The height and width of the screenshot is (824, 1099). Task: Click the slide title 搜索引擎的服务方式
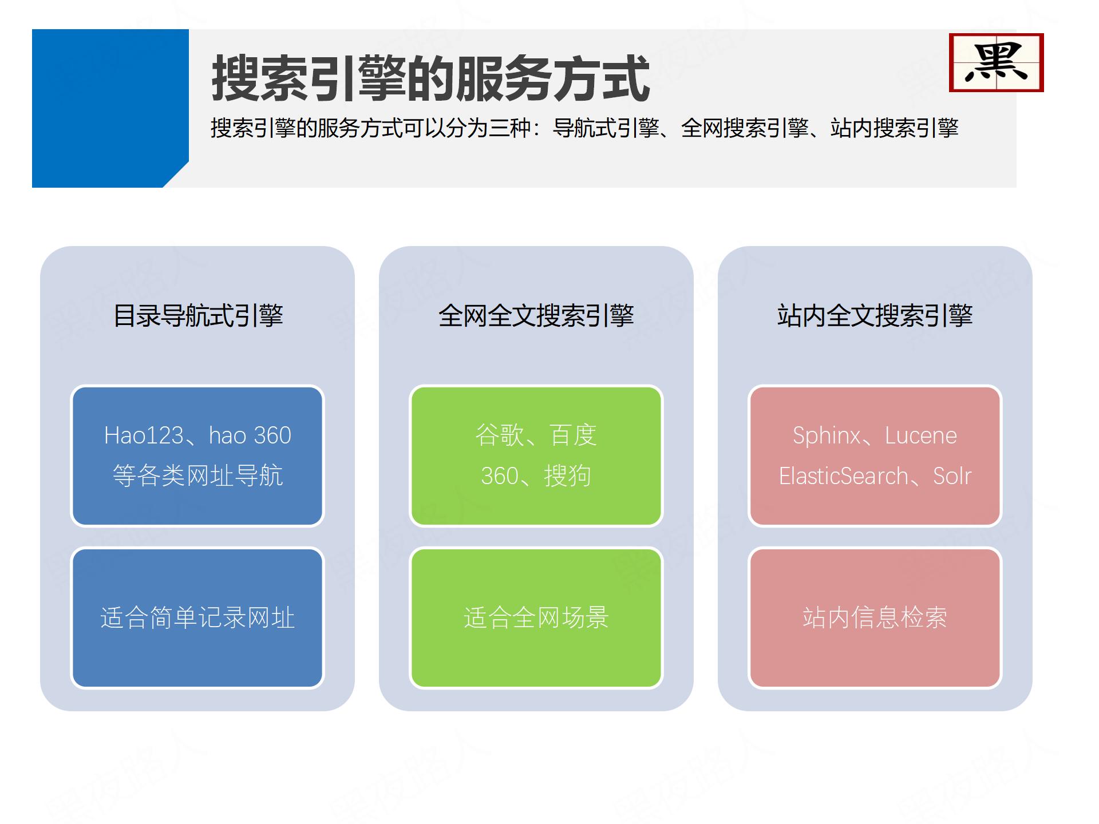(x=430, y=79)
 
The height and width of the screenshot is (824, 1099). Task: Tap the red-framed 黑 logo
(x=996, y=62)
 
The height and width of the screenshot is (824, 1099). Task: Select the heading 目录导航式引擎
(x=198, y=315)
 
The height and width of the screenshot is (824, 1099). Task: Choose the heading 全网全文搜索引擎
(x=536, y=315)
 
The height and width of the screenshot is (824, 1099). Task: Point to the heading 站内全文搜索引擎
(x=875, y=315)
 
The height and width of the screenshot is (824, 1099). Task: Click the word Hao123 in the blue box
(x=144, y=435)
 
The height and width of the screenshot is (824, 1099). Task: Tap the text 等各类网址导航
(x=197, y=476)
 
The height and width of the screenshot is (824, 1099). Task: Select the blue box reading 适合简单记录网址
(x=197, y=618)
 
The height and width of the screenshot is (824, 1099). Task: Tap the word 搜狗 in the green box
(x=567, y=476)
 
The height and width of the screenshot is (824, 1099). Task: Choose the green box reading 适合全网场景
(x=536, y=618)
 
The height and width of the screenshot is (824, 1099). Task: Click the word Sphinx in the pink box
(x=827, y=435)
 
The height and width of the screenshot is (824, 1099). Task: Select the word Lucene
(x=920, y=435)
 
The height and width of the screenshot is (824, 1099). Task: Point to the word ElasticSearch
(x=844, y=476)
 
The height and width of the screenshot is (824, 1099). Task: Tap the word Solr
(x=952, y=476)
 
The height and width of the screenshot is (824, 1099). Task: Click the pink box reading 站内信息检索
(x=875, y=618)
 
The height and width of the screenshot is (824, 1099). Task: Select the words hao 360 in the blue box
(x=250, y=435)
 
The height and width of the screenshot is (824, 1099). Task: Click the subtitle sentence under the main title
(x=584, y=128)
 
